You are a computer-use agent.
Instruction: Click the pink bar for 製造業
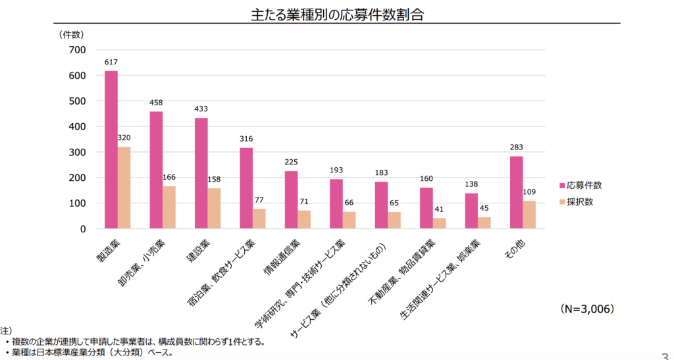(111, 150)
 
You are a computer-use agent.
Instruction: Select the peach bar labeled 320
(124, 188)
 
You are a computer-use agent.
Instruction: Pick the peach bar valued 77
(259, 219)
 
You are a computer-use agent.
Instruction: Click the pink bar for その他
(516, 193)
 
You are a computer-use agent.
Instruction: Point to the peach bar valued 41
(439, 224)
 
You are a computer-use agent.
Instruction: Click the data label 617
(111, 63)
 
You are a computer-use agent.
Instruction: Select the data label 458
(156, 103)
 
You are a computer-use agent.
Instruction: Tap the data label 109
(529, 193)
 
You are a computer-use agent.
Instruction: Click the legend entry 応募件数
(584, 185)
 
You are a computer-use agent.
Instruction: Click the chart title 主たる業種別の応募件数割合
(336, 14)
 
